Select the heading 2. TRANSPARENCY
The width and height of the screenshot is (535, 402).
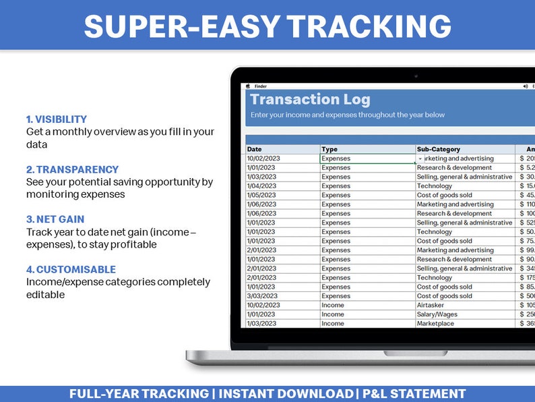(72, 169)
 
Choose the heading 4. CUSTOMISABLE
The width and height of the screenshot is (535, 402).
(71, 269)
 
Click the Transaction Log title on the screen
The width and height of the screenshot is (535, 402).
(310, 100)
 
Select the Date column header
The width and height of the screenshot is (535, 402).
(254, 149)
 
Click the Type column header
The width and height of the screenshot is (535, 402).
(329, 149)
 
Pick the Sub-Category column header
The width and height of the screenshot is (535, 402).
(438, 149)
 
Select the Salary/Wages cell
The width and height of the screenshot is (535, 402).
(437, 314)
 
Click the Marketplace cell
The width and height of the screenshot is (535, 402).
(435, 324)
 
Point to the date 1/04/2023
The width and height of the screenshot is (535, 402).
(261, 186)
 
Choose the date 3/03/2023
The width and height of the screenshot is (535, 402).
(261, 296)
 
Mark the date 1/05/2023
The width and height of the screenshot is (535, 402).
(261, 196)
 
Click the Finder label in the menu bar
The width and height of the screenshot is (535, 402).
(261, 86)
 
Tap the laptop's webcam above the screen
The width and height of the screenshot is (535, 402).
(415, 76)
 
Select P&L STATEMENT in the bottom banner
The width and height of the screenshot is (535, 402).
(414, 394)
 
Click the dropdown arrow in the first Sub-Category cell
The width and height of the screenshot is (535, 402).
(420, 159)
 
